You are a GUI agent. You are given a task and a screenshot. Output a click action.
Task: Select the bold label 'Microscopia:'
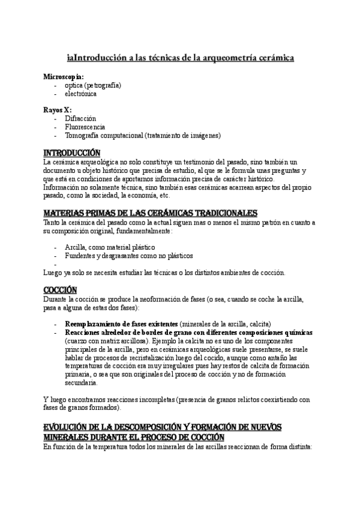tap(64, 77)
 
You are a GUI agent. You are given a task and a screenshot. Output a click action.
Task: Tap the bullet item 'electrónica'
tap(80, 94)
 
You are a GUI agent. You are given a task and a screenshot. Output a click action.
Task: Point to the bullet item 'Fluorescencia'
tap(85, 127)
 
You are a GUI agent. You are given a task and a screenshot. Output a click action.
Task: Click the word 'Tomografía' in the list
tap(83, 136)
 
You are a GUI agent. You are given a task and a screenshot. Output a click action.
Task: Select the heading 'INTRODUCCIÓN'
tap(72, 152)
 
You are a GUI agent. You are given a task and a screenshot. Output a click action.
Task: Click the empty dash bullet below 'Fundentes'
tap(55, 264)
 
